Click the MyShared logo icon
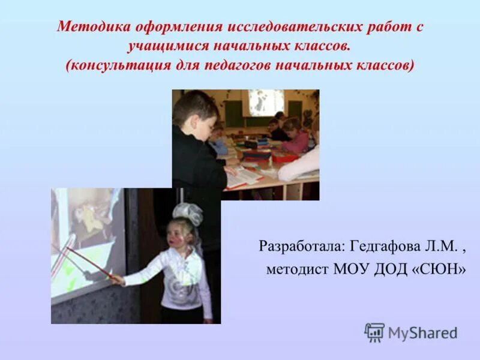[374, 332]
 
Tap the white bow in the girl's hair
[189, 213]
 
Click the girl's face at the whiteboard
[184, 234]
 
